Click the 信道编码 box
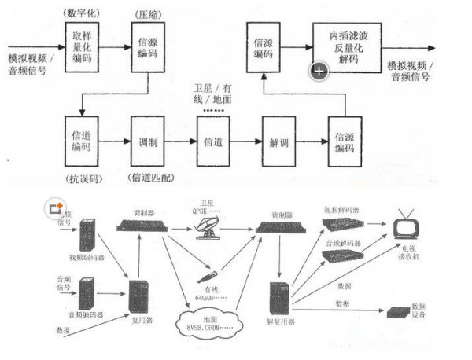point(82,142)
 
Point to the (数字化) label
point(83,13)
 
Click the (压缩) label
point(146,13)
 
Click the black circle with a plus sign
point(319,72)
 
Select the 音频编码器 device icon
point(88,294)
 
